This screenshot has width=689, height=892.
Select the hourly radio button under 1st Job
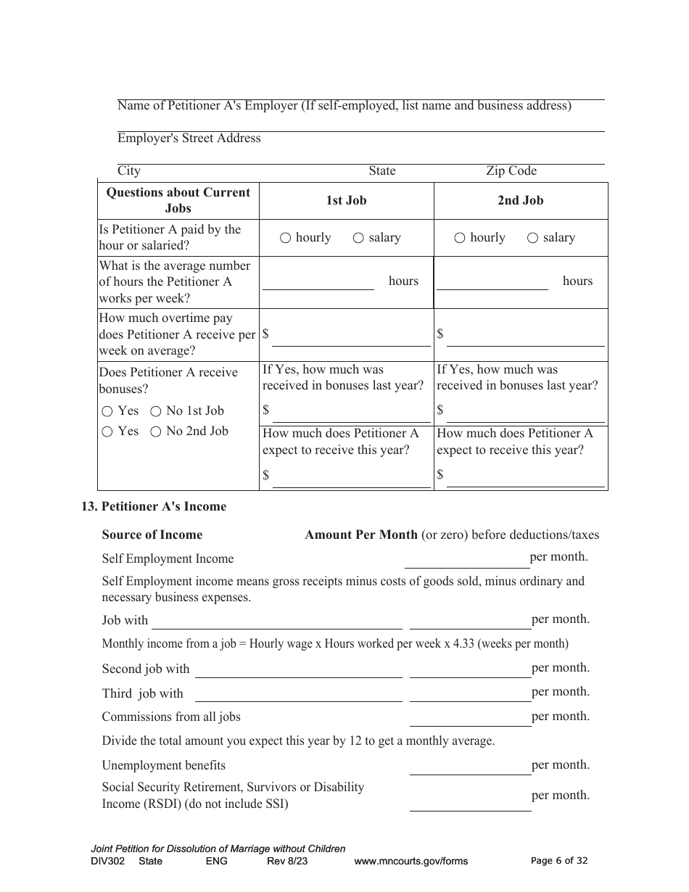(x=285, y=238)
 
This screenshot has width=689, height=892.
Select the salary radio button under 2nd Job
(x=532, y=238)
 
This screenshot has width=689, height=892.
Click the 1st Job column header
(x=346, y=201)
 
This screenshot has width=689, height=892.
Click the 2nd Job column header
(x=520, y=201)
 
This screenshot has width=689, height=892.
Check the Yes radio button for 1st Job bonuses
(x=107, y=411)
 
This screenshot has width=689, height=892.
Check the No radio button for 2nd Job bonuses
(x=155, y=431)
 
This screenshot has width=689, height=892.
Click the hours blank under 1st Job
(x=318, y=282)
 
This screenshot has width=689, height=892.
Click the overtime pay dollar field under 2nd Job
(x=525, y=337)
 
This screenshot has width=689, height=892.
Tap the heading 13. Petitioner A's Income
(x=154, y=507)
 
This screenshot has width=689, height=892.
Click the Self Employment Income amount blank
(x=466, y=559)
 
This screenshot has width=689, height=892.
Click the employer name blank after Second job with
(x=298, y=669)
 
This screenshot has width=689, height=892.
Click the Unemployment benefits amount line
(x=470, y=767)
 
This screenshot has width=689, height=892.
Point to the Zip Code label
(x=511, y=171)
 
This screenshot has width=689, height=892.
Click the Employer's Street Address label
(x=189, y=139)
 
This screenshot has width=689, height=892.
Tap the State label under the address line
(x=382, y=171)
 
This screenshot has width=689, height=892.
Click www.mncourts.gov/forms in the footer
(x=410, y=862)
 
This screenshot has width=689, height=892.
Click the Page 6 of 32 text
(x=559, y=861)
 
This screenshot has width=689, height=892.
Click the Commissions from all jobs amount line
(x=470, y=718)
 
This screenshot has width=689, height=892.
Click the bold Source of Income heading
(x=152, y=535)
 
